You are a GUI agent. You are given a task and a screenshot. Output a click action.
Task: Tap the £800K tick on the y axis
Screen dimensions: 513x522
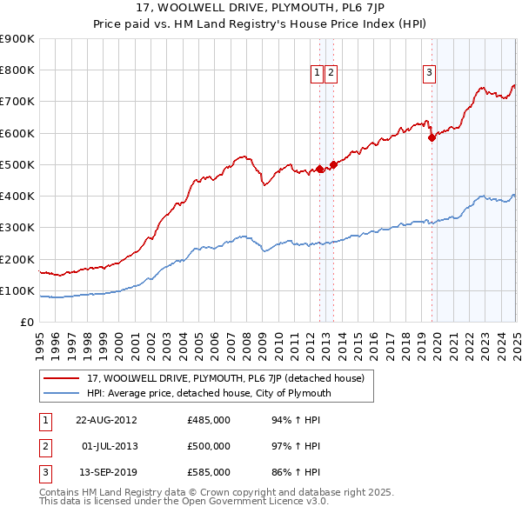coord(17,70)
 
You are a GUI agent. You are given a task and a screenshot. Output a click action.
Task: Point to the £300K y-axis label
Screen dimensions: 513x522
coord(17,228)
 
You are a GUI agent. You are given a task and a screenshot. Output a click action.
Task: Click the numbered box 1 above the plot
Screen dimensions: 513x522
coord(318,74)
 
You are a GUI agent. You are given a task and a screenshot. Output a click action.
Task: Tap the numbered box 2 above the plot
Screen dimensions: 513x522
coord(331,74)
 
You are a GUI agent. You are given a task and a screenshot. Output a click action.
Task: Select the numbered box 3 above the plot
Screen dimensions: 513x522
coord(430,74)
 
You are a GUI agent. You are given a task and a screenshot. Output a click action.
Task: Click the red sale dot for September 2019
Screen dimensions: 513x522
coord(432,137)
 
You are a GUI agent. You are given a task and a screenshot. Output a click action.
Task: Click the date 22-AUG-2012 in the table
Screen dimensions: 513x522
coord(106,420)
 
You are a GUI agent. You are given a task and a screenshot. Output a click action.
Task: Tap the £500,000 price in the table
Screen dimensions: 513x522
coord(208,446)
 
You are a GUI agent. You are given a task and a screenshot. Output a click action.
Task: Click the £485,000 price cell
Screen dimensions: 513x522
coord(208,420)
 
